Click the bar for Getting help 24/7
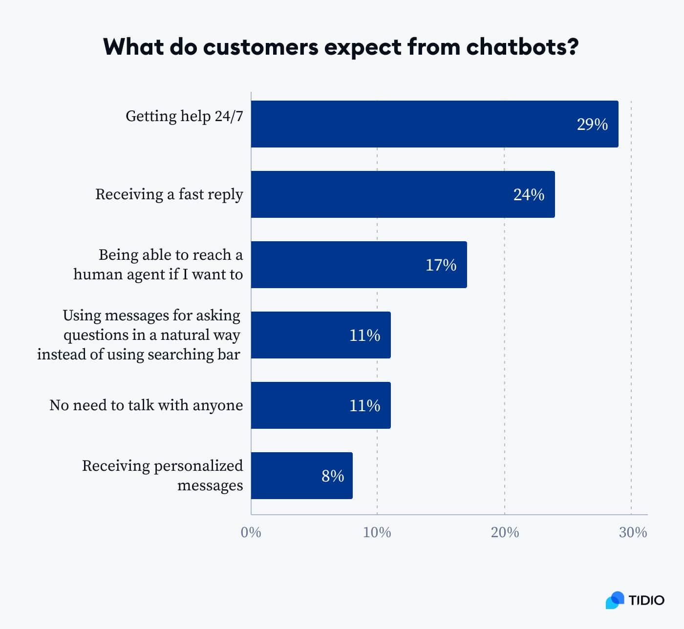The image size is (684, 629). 434,124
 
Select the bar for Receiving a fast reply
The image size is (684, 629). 403,194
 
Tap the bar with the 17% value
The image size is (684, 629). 359,265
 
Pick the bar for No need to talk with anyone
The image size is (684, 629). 321,405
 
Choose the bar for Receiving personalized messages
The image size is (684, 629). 301,476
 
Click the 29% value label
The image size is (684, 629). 592,125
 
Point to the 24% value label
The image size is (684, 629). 529,195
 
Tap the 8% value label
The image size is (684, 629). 333,476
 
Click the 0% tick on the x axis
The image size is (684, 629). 251,532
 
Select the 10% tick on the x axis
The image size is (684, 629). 377,532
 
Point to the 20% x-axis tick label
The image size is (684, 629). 505,532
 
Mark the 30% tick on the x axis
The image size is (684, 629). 633,532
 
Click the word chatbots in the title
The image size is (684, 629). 522,47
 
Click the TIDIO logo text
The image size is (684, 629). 646,600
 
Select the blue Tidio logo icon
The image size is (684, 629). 615,600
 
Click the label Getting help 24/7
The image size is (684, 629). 184,116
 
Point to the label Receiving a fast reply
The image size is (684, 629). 169,194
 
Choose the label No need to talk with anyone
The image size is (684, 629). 146,405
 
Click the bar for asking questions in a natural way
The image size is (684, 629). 321,335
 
